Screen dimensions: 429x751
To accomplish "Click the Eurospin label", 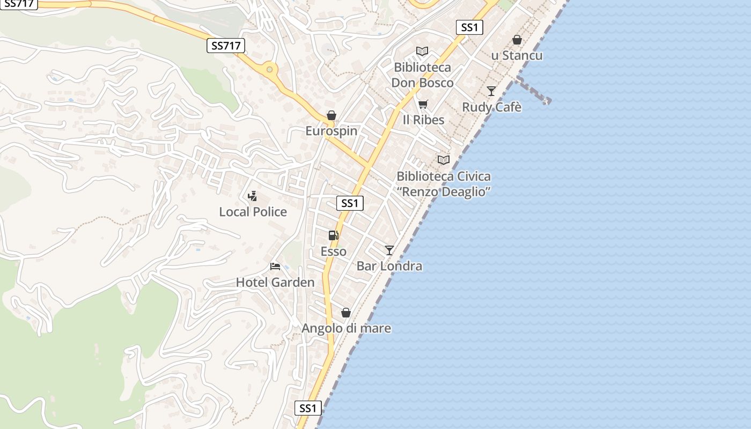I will [x=331, y=131].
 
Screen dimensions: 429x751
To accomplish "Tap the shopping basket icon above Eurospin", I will [x=332, y=116].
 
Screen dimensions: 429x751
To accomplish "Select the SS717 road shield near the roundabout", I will [x=225, y=46].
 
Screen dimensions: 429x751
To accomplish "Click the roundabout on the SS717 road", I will [x=269, y=69].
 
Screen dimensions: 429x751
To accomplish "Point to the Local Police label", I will [x=253, y=212].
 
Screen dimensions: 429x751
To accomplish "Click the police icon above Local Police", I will [x=253, y=196].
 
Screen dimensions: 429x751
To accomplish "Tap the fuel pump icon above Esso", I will [x=333, y=235].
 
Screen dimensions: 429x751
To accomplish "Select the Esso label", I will [x=333, y=252].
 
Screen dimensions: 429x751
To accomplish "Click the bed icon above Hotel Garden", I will [x=275, y=267].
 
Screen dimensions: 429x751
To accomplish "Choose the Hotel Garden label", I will [x=275, y=282].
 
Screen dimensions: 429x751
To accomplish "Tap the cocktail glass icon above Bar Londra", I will [x=389, y=250].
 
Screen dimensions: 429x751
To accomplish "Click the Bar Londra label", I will [x=389, y=266].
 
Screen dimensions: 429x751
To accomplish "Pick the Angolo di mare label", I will [x=346, y=328].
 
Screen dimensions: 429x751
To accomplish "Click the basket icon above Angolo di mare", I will [x=346, y=313].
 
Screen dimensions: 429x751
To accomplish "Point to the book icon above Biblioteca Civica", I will [x=443, y=160].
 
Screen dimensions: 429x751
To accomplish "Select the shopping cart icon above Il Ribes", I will [x=423, y=104].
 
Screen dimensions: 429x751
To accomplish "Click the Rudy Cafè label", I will [x=491, y=107].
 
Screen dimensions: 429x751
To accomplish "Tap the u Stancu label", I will [x=517, y=56].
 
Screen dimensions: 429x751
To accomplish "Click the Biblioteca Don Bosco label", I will [x=422, y=75].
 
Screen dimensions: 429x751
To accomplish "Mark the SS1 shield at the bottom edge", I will [x=308, y=408].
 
